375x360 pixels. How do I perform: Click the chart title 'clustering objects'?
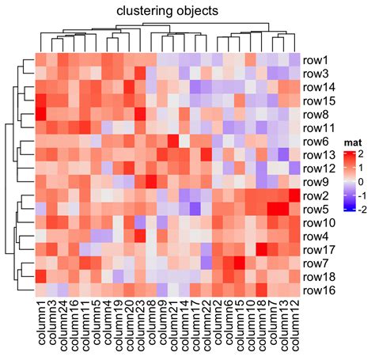(168, 11)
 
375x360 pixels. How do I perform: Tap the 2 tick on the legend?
(362, 153)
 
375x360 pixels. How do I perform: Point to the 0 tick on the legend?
(362, 182)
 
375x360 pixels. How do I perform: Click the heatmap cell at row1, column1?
(41, 59)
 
